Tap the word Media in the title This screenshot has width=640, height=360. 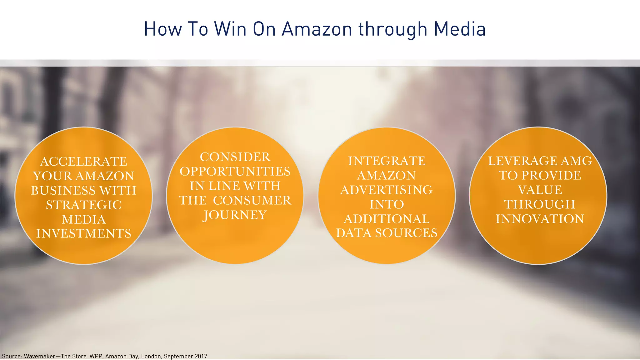(x=460, y=29)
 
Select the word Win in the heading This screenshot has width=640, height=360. (x=230, y=29)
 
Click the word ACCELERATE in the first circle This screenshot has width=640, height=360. (x=84, y=162)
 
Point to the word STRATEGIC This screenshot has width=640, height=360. (x=84, y=205)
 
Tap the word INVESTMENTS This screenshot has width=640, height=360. (x=84, y=234)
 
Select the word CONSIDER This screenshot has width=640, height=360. (x=235, y=157)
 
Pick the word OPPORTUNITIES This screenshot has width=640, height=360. (x=235, y=172)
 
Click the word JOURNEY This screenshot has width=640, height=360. (x=235, y=215)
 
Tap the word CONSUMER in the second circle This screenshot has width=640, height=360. (x=252, y=201)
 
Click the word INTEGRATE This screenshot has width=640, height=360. (x=387, y=161)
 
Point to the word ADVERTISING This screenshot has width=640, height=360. (x=387, y=190)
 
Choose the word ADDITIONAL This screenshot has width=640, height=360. (x=387, y=219)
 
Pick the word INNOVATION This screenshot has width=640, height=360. (x=540, y=219)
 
